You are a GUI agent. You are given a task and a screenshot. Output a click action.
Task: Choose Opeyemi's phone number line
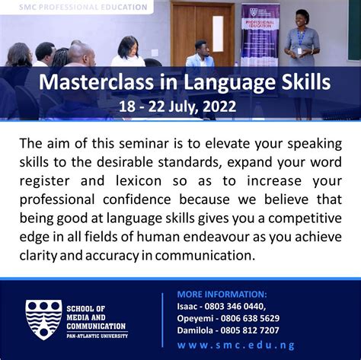point(228,318)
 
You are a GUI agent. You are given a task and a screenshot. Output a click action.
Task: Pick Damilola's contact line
point(228,330)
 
